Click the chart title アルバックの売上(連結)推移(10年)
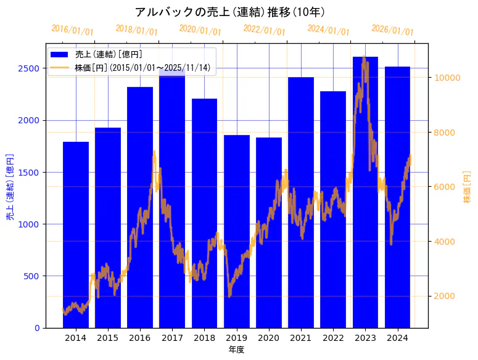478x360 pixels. pyautogui.click(x=229, y=12)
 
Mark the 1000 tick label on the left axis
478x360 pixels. pyautogui.click(x=30, y=224)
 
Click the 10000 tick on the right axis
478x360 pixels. pyautogui.click(x=447, y=78)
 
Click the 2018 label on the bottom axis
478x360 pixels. pyautogui.click(x=204, y=338)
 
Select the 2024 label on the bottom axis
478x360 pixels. pyautogui.click(x=397, y=338)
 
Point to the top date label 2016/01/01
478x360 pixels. pyautogui.click(x=72, y=30)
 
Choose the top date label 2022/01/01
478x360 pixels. pyautogui.click(x=265, y=30)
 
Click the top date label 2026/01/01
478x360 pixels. pyautogui.click(x=393, y=30)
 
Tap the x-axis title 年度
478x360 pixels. pyautogui.click(x=236, y=350)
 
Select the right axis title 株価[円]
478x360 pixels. pyautogui.click(x=467, y=187)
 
